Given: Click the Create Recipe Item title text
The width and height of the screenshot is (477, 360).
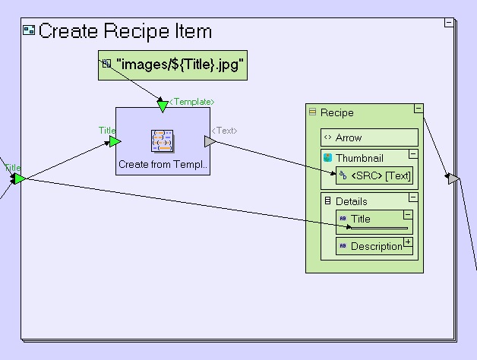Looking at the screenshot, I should (125, 31).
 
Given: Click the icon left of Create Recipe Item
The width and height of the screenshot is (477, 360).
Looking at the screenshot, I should (29, 31).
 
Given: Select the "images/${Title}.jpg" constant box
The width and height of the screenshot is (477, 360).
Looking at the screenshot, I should (173, 65).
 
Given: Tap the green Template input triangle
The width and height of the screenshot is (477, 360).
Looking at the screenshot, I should (162, 106).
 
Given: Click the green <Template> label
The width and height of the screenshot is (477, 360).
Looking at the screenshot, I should (191, 101).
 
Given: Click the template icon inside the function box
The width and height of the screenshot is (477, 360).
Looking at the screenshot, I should (163, 141).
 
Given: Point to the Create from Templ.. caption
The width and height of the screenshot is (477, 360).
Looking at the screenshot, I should (163, 164).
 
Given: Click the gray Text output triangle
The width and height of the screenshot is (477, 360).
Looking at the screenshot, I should (210, 141).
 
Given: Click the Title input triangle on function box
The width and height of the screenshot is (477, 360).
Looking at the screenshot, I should (115, 141).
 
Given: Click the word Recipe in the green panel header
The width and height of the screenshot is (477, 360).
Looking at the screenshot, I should (336, 112).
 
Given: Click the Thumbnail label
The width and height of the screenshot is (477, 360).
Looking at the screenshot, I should (359, 158).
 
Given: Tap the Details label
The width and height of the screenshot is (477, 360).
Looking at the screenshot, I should (351, 201).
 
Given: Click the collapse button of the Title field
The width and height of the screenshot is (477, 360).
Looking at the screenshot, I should (408, 216).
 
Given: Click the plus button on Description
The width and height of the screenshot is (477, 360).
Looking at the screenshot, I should (408, 242).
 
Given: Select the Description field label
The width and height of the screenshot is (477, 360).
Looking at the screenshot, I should (377, 246).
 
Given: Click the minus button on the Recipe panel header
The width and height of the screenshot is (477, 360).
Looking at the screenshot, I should (418, 109).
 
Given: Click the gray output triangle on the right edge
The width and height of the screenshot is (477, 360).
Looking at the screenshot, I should (453, 178).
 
